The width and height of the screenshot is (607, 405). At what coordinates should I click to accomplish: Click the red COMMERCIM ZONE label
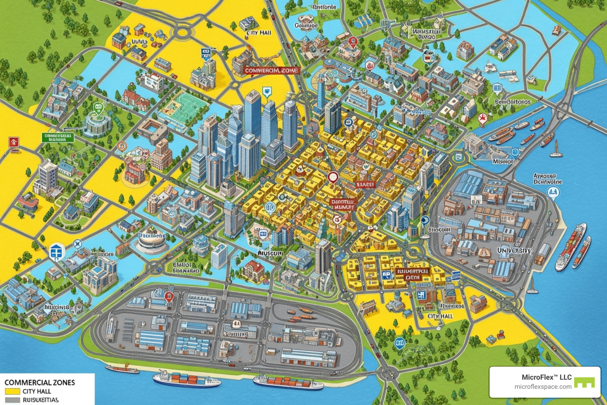click(x=271, y=70)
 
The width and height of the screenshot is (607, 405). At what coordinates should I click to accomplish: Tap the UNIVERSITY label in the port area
click(x=514, y=250)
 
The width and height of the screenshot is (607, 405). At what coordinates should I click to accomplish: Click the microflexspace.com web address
click(x=543, y=387)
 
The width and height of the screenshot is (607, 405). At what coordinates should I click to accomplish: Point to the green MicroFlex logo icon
click(x=584, y=382)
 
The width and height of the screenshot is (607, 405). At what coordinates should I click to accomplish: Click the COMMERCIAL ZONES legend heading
click(x=40, y=382)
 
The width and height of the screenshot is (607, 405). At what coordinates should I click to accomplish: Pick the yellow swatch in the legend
click(x=12, y=391)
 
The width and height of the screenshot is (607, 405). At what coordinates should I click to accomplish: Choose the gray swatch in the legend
click(x=12, y=400)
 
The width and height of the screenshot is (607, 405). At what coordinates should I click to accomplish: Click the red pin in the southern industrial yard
click(x=169, y=296)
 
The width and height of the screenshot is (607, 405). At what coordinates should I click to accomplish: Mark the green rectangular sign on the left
click(x=58, y=137)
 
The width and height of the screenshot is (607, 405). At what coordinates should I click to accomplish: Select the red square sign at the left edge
click(x=13, y=142)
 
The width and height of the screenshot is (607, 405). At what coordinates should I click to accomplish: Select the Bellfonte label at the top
click(x=324, y=7)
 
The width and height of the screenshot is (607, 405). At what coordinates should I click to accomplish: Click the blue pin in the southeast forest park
click(x=400, y=343)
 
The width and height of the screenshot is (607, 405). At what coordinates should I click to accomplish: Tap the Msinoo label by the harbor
click(x=503, y=161)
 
